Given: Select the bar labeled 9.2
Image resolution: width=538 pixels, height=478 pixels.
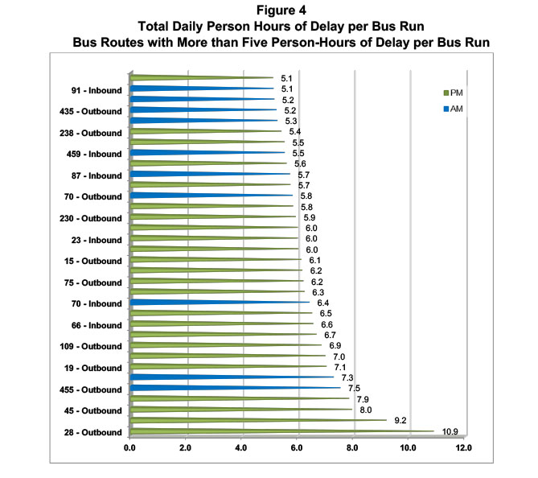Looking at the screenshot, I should (241, 420).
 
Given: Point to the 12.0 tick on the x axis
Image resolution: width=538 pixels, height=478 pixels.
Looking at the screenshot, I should (465, 448).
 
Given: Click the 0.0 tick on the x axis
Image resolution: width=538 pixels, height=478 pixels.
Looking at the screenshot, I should (130, 448).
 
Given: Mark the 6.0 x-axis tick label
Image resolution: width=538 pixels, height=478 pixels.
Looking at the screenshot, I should (298, 448).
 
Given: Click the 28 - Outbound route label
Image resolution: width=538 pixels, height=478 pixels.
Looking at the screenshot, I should (92, 433).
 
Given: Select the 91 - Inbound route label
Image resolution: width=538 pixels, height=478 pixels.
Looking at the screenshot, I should (96, 89).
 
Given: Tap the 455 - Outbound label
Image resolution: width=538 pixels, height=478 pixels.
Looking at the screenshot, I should (91, 389).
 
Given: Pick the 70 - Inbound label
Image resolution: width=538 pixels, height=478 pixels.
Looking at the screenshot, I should (97, 304).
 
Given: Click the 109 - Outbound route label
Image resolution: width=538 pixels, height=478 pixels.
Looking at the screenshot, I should (91, 347).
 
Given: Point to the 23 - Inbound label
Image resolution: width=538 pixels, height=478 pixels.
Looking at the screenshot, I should (96, 240).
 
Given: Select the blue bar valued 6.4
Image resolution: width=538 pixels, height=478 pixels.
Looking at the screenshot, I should (209, 303).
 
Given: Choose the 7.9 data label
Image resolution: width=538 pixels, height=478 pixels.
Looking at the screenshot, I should (362, 399).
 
